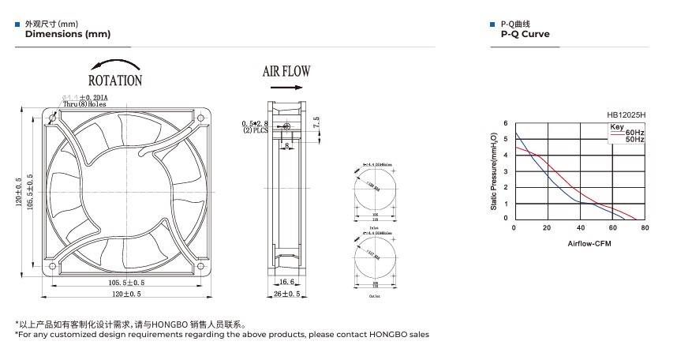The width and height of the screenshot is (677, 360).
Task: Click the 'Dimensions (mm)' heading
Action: [x=68, y=34]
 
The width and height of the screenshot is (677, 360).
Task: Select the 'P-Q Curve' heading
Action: [x=525, y=34]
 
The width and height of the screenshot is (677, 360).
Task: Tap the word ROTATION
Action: [x=115, y=80]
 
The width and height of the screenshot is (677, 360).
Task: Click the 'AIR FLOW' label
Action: [x=286, y=71]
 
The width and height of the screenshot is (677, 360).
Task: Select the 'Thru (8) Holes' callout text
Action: [x=85, y=103]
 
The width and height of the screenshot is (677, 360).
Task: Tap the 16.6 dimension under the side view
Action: [x=286, y=281]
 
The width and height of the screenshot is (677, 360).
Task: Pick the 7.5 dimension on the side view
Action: [x=316, y=123]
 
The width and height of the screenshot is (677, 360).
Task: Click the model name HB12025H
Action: [x=626, y=114]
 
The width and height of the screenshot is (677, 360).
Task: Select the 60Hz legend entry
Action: [x=634, y=133]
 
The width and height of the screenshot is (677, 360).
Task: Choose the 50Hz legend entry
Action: [x=634, y=140]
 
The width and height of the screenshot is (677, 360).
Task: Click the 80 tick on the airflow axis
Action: [x=645, y=228]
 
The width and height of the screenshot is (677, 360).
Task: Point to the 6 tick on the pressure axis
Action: [x=507, y=125]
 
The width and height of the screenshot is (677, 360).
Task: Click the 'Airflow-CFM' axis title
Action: [x=589, y=243]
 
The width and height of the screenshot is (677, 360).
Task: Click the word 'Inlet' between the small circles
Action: [x=375, y=225]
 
